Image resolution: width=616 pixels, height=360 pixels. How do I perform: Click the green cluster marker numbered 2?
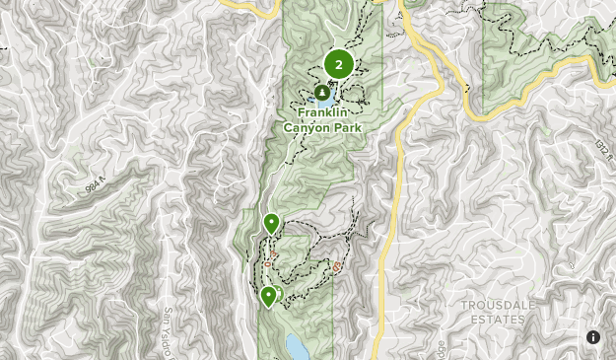339,65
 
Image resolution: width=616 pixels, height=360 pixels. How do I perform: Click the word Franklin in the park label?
322,112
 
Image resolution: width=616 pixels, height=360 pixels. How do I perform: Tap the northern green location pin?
271,223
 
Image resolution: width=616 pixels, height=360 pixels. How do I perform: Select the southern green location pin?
267,296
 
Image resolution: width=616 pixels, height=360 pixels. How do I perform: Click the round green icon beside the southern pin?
278,293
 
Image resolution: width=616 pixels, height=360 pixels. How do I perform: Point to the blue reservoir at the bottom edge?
295,347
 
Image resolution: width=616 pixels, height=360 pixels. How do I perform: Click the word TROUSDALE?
499,306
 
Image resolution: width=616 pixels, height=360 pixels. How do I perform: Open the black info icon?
593,337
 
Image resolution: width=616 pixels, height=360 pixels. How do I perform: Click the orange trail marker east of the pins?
338,266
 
